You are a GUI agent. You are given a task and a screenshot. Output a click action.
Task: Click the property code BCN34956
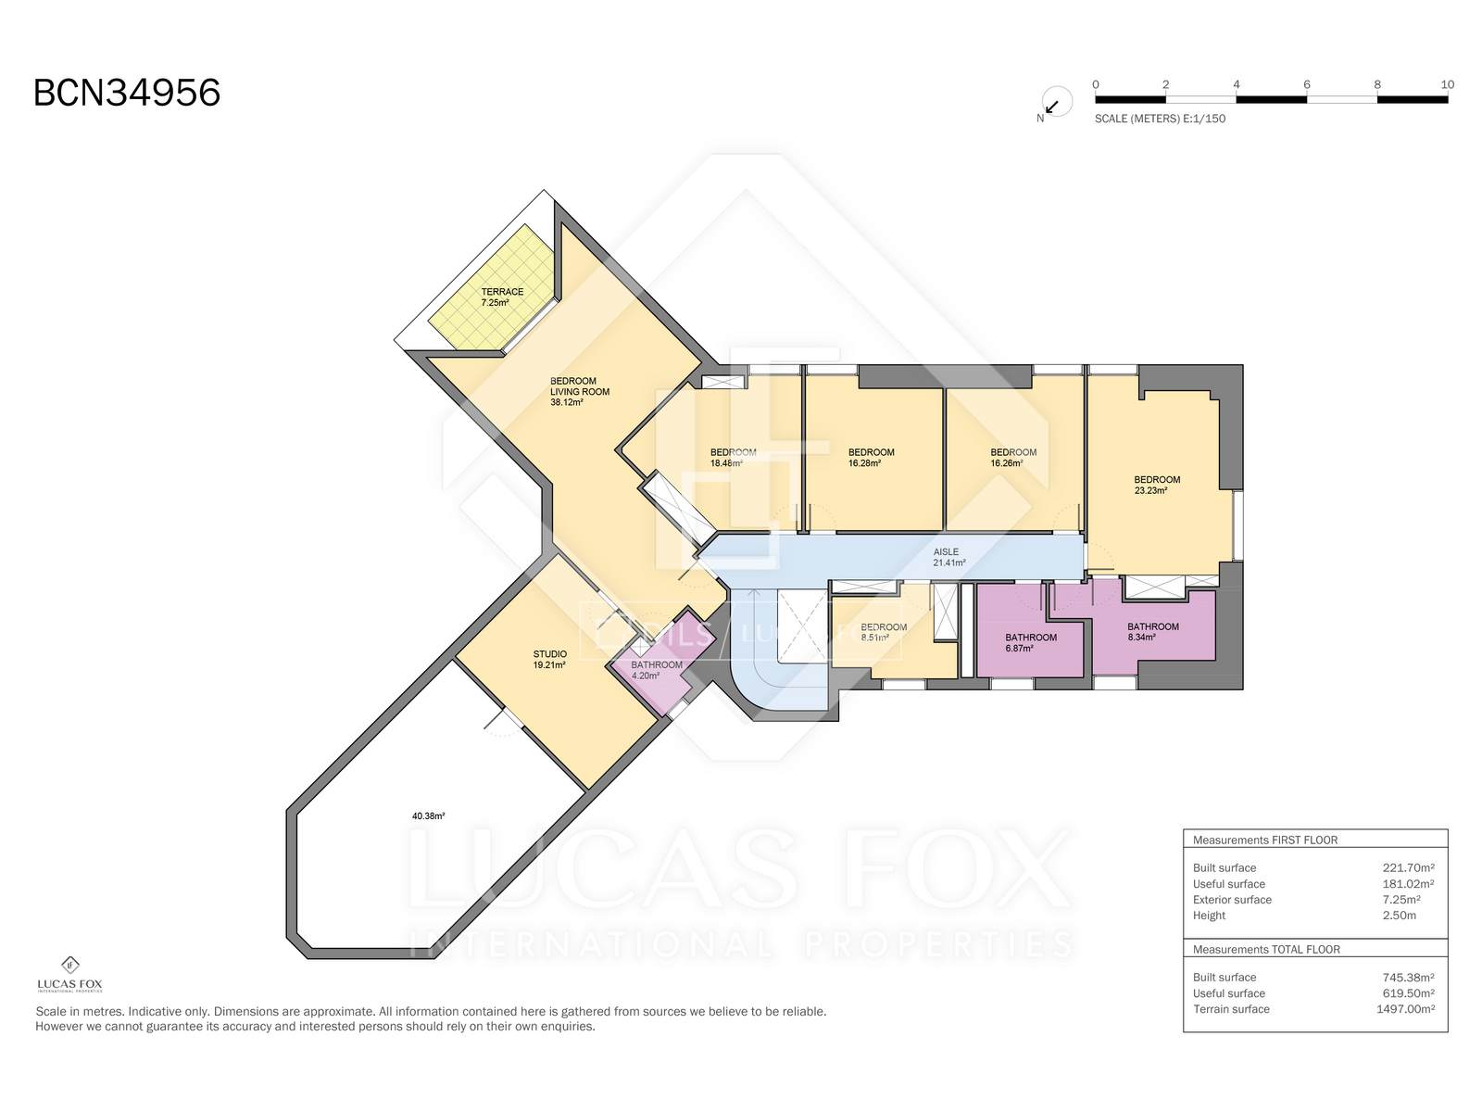click(127, 93)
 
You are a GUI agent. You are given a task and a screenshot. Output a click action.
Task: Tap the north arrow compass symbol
click(1055, 103)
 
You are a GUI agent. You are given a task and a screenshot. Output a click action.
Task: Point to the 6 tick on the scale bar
click(1306, 84)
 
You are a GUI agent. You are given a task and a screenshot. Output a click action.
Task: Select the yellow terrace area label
click(502, 297)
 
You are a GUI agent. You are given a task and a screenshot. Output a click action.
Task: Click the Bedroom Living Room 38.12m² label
click(579, 392)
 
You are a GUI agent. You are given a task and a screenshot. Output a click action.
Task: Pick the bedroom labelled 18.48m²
click(733, 458)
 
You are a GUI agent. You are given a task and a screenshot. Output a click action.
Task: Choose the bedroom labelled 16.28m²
click(871, 458)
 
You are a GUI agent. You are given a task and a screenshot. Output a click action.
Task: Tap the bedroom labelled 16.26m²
click(1012, 458)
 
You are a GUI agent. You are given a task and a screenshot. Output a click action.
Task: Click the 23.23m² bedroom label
click(1157, 485)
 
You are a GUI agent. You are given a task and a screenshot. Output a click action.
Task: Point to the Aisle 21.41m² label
click(948, 557)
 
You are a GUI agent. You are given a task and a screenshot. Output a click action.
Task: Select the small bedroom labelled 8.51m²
click(883, 632)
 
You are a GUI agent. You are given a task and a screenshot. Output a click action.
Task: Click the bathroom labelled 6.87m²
click(1030, 643)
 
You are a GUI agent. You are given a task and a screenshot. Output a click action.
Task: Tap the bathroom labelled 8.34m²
click(1152, 632)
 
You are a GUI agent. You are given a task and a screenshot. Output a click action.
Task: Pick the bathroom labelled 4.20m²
click(657, 670)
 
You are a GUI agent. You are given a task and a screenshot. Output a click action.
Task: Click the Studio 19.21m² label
click(549, 659)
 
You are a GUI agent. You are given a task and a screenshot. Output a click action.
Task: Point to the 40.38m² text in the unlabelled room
click(428, 815)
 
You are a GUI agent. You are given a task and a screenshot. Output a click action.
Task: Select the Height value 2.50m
click(1399, 916)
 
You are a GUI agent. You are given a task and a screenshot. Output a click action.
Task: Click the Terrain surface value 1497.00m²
click(1406, 1009)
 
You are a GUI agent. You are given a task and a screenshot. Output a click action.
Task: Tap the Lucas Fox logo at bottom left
click(69, 974)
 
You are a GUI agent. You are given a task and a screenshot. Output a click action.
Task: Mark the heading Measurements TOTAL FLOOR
click(1266, 949)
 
